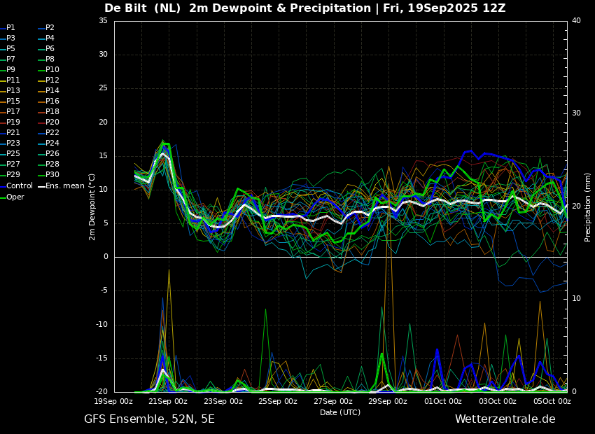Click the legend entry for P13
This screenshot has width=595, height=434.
(x=10, y=91)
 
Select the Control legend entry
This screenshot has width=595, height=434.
(x=17, y=186)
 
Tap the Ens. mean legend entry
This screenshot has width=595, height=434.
(x=62, y=186)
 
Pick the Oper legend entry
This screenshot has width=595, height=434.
(x=13, y=197)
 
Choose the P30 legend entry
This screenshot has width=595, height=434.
(x=49, y=175)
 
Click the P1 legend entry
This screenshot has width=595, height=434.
(x=8, y=28)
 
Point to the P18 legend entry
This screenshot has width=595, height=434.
(x=49, y=112)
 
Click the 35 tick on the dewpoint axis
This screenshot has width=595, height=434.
(x=103, y=21)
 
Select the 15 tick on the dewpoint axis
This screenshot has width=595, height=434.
(x=103, y=156)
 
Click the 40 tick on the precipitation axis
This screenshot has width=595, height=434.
(x=576, y=21)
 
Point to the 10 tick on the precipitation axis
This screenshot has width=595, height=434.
(x=576, y=299)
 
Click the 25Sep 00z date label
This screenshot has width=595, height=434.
(x=278, y=401)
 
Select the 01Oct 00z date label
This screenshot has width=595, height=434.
(x=443, y=401)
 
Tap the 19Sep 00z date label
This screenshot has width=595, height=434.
(x=113, y=401)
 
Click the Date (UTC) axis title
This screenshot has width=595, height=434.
(x=340, y=412)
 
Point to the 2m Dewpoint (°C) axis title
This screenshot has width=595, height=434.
(x=92, y=206)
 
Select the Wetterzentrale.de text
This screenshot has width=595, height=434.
(x=505, y=419)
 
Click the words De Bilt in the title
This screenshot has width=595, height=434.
(x=125, y=8)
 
